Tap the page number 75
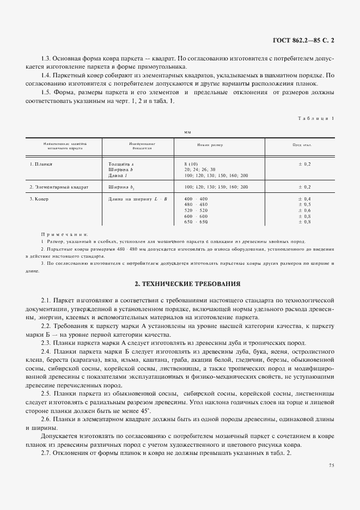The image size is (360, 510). pos(332,465)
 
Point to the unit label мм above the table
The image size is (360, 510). pos(187,131)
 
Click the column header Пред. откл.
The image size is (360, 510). pos(302,145)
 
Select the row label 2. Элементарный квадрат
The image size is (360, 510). pos(59,187)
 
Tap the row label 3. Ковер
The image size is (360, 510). pos(39,199)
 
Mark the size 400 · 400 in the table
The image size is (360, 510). pos(196,199)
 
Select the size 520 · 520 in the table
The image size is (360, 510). pos(196,210)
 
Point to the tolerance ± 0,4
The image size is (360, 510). pos(304,199)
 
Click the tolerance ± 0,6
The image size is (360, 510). pos(304,210)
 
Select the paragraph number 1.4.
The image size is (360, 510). pos(47,75)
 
